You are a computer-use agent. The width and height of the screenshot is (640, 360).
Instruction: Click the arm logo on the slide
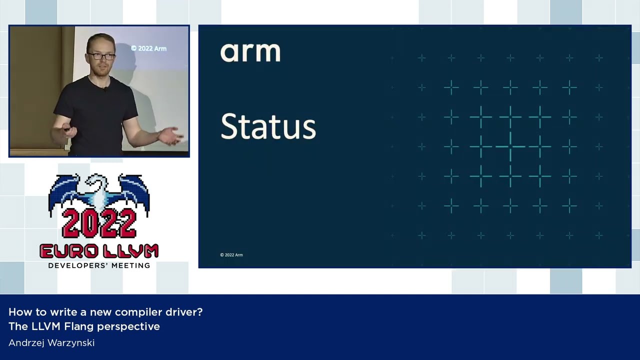[250, 52]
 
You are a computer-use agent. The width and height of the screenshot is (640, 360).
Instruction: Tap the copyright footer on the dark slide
[231, 255]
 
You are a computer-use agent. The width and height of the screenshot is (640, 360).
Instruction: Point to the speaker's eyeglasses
[101, 56]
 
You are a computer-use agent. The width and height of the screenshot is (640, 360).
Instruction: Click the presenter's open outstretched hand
[170, 136]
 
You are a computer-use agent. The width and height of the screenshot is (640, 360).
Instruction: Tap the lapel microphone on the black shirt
[105, 89]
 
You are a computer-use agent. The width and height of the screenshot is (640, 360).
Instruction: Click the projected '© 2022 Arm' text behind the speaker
[148, 48]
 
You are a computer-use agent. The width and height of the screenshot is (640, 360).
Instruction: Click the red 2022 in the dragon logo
[99, 223]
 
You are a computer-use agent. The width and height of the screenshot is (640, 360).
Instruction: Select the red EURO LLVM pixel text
[99, 251]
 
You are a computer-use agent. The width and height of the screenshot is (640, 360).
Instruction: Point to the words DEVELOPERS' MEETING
[99, 265]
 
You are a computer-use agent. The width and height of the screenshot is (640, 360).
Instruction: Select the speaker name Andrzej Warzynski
[51, 342]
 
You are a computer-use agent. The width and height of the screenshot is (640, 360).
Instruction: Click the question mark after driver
[199, 311]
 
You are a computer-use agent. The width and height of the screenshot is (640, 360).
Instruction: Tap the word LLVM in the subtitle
[46, 326]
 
